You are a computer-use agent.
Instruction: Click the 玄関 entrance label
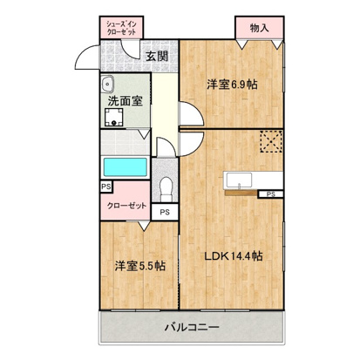pyautogui.click(x=156, y=58)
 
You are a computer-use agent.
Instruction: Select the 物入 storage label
pyautogui.click(x=258, y=28)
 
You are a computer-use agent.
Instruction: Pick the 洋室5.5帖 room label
pyautogui.click(x=139, y=266)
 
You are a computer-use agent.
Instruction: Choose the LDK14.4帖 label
pyautogui.click(x=234, y=257)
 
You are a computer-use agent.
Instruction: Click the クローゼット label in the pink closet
pyautogui.click(x=126, y=206)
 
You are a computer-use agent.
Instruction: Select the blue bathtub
pyautogui.click(x=124, y=167)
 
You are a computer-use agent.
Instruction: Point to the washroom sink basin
pyautogui.click(x=108, y=85)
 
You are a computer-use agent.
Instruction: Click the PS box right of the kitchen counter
pyautogui.click(x=272, y=194)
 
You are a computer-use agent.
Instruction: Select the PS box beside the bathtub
pyautogui.click(x=105, y=187)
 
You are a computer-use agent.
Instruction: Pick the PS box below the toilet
pyautogui.click(x=164, y=211)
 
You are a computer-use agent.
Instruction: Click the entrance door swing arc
pyautogui.click(x=86, y=59)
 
